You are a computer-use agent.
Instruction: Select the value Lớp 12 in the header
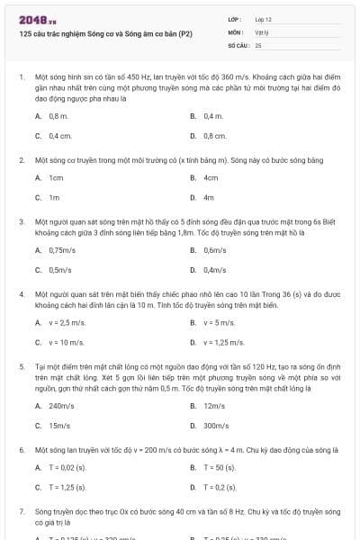click(263, 19)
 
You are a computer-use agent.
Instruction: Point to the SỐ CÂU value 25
click(258, 43)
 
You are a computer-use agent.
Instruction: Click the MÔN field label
click(235, 31)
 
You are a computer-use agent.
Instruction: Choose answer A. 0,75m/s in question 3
click(62, 249)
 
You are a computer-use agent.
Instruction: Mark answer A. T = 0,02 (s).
click(67, 467)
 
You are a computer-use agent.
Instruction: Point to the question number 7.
click(21, 510)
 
